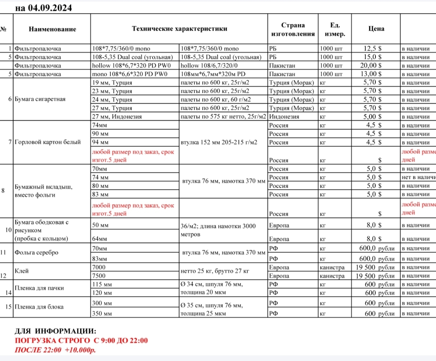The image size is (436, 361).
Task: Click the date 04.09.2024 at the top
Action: click(50, 8)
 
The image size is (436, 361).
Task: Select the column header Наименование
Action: click(52, 29)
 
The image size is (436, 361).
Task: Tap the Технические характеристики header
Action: click(179, 29)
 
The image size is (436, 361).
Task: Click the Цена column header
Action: click(376, 29)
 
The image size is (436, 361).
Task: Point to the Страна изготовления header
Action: click(293, 29)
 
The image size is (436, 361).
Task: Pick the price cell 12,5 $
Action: click(373, 48)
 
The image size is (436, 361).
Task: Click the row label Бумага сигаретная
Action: click(40, 99)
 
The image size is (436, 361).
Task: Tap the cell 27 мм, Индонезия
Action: click(117, 117)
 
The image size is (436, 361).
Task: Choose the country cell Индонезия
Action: click(284, 117)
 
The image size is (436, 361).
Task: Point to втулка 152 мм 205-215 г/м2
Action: click(219, 142)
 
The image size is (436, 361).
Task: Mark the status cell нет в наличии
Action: click(419, 177)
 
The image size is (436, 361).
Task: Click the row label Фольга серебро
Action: click(36, 252)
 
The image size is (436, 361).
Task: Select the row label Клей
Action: click(22, 271)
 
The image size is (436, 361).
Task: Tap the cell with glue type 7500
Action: click(99, 276)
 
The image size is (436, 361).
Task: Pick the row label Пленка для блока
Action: click(39, 307)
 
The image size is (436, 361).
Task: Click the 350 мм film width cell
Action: click(102, 313)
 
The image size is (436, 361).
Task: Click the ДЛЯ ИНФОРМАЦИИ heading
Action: click(56, 331)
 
